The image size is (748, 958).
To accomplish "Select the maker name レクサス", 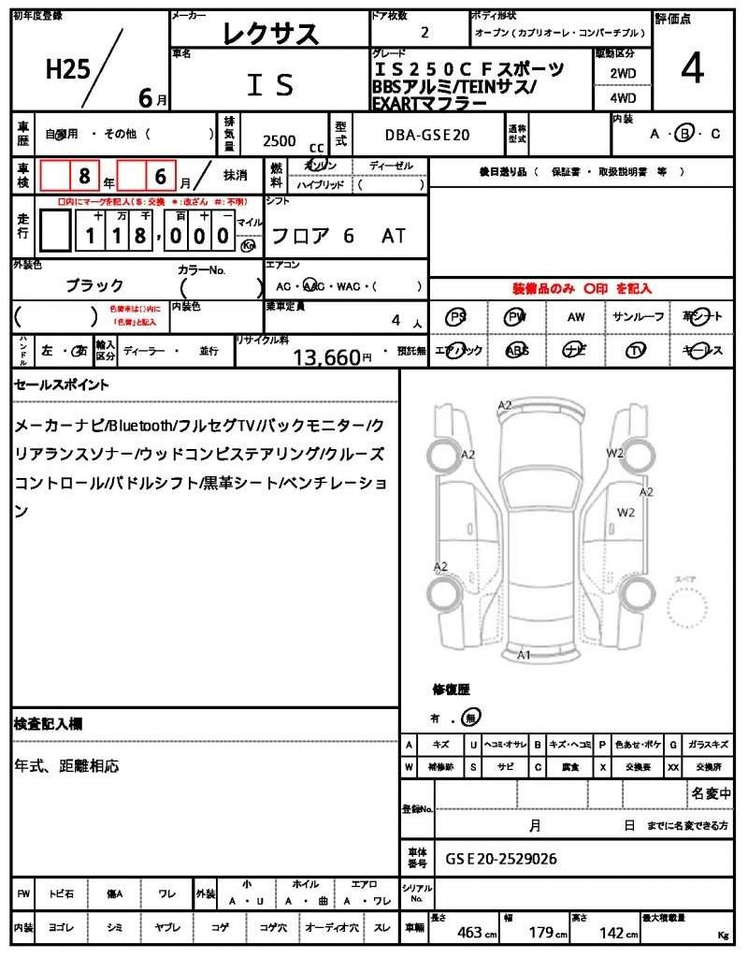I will click(x=270, y=34).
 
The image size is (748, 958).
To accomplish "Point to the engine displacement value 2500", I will click(x=279, y=140).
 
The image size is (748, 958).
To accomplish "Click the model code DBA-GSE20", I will click(x=427, y=136).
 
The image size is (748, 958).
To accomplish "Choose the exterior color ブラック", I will click(x=94, y=284).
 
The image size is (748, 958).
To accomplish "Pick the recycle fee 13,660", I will click(x=326, y=356).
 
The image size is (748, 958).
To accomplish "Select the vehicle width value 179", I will click(x=541, y=932).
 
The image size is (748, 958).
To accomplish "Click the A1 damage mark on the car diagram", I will click(x=525, y=655).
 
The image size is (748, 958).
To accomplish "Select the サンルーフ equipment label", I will click(x=638, y=317).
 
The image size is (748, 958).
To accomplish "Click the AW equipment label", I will click(x=576, y=317).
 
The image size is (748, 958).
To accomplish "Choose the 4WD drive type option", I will click(x=623, y=97).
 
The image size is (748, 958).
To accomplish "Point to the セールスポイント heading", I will click(x=62, y=385).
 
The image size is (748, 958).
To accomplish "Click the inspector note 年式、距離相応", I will click(x=66, y=766).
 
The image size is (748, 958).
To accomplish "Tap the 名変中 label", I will click(x=712, y=794).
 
